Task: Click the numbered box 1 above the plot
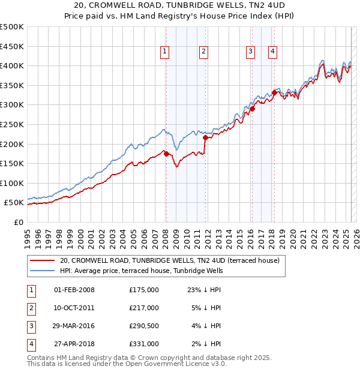pos(164,52)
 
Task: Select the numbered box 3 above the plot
pos(250,52)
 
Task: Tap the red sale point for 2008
pos(166,154)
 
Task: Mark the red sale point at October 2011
pos(205,137)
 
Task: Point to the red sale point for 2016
pos(253,109)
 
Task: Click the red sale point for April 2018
pos(274,92)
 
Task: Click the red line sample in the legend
pos(41,261)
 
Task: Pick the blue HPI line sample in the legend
pos(41,271)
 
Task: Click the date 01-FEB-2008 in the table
pos(74,290)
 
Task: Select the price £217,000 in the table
pos(144,308)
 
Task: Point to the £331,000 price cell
pos(144,344)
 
